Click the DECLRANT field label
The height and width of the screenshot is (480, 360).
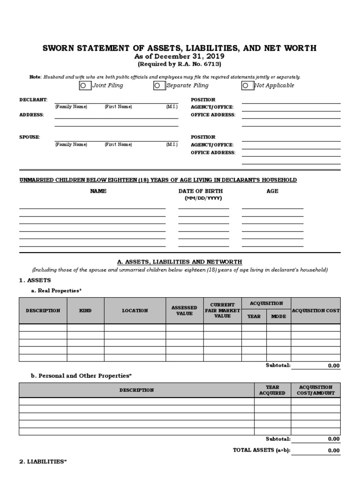33,100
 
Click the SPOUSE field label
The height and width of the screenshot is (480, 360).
30,137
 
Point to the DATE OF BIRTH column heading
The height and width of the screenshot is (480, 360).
201,191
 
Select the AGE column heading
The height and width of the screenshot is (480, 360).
272,191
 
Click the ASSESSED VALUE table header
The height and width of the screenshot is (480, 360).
184,310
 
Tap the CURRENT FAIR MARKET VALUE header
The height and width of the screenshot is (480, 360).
222,310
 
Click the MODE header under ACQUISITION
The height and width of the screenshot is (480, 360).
278,316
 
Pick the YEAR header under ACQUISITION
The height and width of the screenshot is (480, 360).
254,316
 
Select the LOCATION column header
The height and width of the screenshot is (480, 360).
135,310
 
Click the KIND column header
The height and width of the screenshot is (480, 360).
85,310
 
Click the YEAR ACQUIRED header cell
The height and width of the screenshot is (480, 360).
272,390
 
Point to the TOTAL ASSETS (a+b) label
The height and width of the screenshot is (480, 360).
262,450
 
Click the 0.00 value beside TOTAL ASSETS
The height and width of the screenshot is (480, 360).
333,450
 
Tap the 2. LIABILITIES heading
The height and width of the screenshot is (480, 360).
43,462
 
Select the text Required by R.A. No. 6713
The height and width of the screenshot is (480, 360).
179,64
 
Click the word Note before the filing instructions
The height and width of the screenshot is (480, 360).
35,77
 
